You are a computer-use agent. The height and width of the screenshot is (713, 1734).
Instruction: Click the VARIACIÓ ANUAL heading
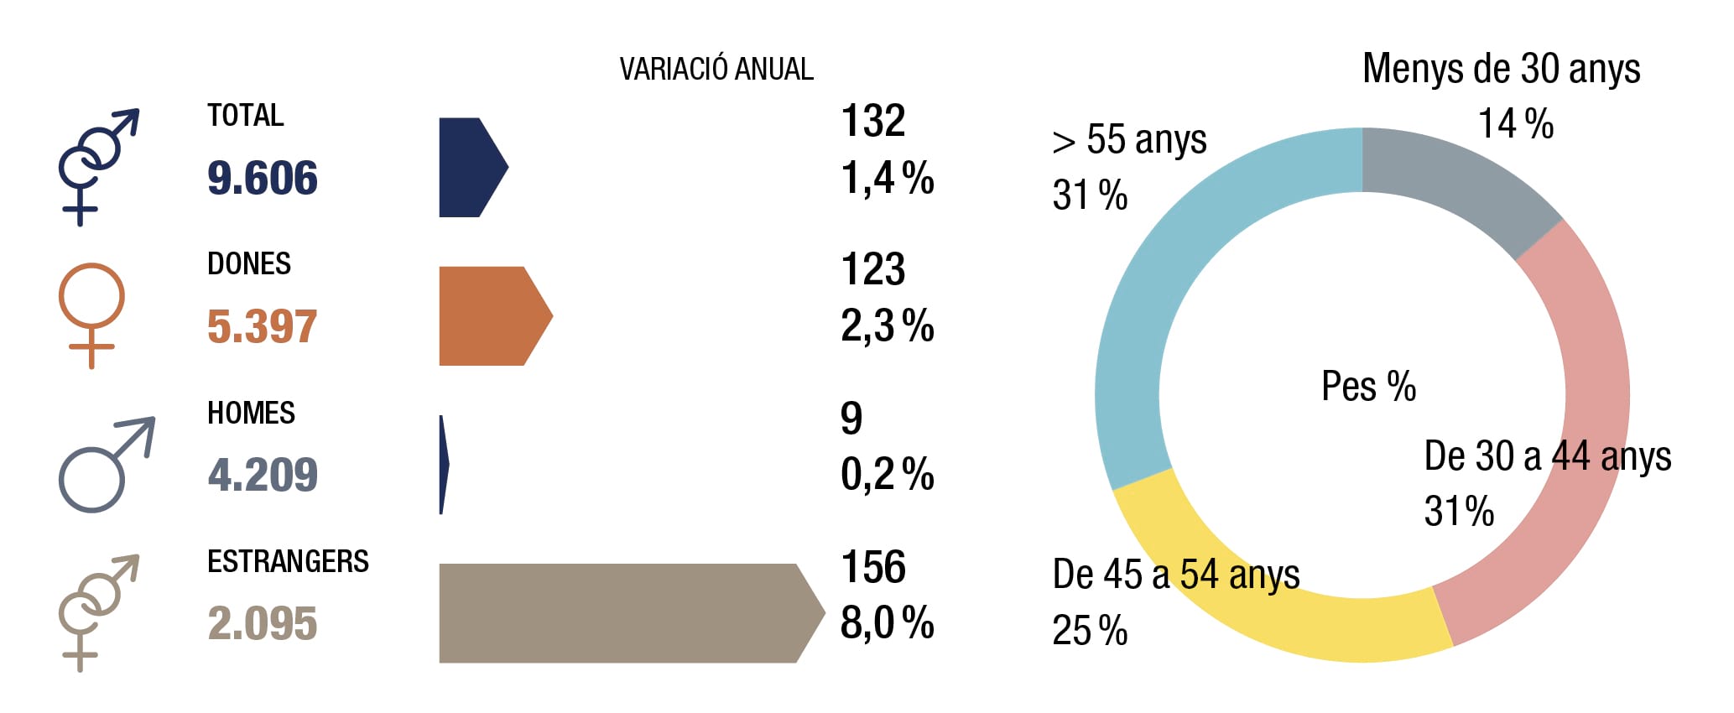click(716, 69)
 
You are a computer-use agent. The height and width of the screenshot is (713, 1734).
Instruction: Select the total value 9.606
click(263, 178)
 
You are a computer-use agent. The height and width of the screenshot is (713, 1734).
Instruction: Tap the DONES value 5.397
click(263, 326)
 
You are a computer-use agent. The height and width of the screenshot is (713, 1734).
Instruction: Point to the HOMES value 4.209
click(263, 475)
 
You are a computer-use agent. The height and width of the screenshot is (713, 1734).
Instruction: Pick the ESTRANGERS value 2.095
click(263, 623)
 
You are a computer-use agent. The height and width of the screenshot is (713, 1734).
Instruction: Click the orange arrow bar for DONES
click(495, 316)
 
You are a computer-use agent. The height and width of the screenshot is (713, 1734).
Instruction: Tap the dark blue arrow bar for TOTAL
click(472, 168)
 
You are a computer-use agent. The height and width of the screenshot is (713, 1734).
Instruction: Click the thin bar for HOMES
click(444, 465)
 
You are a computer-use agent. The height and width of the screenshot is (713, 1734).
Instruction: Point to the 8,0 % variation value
click(888, 623)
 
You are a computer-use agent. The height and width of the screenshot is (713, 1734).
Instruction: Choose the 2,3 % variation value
click(888, 326)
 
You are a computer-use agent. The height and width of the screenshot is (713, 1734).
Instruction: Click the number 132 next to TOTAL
click(873, 121)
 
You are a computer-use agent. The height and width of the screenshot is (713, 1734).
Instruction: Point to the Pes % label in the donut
click(1368, 387)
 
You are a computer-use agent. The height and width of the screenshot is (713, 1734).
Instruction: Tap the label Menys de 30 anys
click(1501, 69)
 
